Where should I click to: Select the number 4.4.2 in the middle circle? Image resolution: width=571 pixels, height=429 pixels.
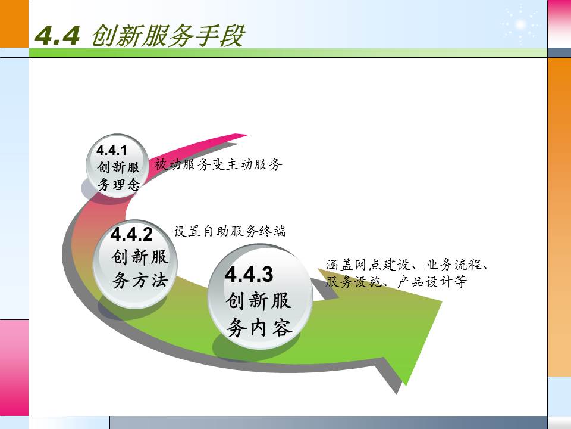tap(132, 233)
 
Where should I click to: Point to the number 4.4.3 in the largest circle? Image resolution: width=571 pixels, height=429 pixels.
tap(249, 275)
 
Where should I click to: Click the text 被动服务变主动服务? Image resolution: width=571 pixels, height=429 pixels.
tap(218, 165)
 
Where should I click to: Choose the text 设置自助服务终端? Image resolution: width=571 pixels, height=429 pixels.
tap(230, 231)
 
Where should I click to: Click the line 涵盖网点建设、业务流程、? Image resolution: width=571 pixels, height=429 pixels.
tap(407, 265)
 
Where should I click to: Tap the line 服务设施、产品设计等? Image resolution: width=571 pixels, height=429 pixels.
tap(396, 282)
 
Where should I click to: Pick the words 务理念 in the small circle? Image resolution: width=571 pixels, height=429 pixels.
tap(119, 185)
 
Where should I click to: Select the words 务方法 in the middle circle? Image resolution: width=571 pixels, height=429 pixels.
tap(140, 281)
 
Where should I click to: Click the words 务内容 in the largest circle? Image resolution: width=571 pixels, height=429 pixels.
tap(259, 327)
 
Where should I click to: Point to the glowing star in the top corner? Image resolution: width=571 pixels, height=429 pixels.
tap(520, 24)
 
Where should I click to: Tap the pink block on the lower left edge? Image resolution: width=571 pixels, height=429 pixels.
tap(14, 367)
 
